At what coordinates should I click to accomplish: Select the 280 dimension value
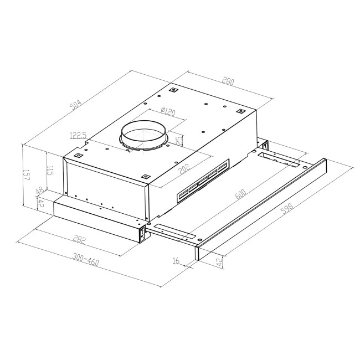(228, 80)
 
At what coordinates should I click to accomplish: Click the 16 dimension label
(176, 259)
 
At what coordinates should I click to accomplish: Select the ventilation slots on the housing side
(202, 181)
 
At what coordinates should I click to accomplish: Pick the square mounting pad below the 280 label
(240, 111)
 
